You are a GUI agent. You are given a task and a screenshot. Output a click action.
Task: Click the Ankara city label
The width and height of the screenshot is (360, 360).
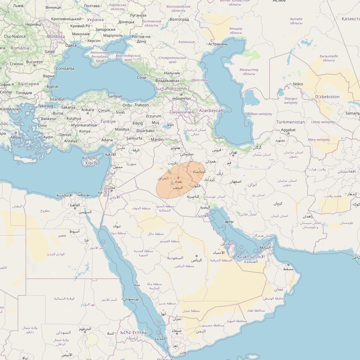[x=87, y=110]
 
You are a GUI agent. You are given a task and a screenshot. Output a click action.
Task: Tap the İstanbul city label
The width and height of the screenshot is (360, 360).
[x=57, y=99]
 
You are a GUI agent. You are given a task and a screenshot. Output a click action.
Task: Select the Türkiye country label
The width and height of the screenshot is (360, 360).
[x=108, y=122]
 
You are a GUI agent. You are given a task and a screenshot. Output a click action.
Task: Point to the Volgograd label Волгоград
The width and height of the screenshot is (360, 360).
[x=179, y=19]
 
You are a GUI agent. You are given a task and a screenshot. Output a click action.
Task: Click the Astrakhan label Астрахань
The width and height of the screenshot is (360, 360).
[x=218, y=44]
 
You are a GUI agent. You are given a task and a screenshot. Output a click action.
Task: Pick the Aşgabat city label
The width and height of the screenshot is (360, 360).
[x=288, y=130]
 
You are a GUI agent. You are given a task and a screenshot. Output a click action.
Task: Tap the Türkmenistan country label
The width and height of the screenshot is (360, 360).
[x=291, y=122]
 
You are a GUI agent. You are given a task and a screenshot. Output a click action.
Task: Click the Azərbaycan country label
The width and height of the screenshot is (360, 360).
[x=211, y=111]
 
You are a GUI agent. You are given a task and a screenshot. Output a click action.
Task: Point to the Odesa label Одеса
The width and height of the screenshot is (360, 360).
[x=71, y=45]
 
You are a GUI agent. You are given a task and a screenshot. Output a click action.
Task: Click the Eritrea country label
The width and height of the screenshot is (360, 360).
[x=139, y=332]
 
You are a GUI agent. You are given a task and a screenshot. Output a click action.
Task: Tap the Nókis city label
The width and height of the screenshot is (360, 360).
[x=298, y=84]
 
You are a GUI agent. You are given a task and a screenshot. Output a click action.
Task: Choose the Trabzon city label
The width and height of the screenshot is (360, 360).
[x=142, y=105]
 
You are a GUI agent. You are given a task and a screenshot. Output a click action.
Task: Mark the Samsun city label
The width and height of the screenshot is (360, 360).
[x=115, y=96]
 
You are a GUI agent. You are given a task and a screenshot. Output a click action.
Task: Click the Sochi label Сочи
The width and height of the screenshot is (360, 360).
[x=142, y=78]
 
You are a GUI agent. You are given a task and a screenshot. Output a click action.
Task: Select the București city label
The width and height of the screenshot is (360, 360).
[x=34, y=62]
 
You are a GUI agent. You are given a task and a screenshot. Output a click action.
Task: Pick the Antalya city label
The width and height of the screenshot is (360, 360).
[x=71, y=141]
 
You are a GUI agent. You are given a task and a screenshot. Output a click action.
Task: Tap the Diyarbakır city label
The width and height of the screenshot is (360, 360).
[x=145, y=131]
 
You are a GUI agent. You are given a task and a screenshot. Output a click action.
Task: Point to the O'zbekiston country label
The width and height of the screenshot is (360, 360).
[x=327, y=97]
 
